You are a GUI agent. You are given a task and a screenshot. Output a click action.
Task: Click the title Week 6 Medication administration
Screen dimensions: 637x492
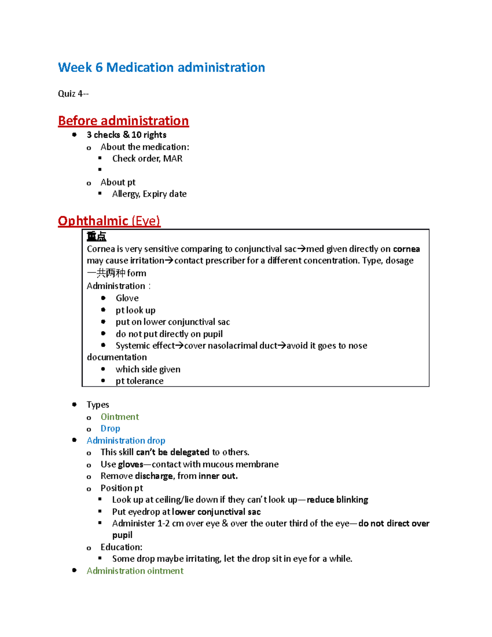pyautogui.click(x=161, y=67)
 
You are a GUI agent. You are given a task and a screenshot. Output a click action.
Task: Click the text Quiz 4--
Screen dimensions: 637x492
pyautogui.click(x=73, y=94)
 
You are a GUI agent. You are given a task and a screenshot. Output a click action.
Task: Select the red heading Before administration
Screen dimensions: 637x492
pyautogui.click(x=123, y=121)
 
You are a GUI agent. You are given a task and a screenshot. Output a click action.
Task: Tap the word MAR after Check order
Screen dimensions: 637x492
pyautogui.click(x=173, y=158)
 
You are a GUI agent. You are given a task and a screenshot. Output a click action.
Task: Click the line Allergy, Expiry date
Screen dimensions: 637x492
pyautogui.click(x=149, y=194)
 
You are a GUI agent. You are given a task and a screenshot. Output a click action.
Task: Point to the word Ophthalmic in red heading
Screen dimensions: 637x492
pyautogui.click(x=93, y=221)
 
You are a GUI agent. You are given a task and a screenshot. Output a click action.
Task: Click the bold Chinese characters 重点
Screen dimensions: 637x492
pyautogui.click(x=96, y=236)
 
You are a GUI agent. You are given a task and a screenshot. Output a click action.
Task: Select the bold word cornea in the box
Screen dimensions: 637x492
pyautogui.click(x=406, y=249)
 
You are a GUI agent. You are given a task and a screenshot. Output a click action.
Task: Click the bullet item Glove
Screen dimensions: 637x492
pyautogui.click(x=127, y=298)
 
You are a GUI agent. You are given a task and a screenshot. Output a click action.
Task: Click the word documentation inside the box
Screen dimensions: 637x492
pyautogui.click(x=116, y=357)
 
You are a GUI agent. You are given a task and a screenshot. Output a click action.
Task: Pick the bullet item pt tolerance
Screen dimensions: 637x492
pyautogui.click(x=139, y=381)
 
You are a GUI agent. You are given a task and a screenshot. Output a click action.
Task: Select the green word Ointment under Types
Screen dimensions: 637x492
pyautogui.click(x=120, y=417)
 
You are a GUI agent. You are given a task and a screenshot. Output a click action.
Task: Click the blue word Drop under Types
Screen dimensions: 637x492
pyautogui.click(x=110, y=428)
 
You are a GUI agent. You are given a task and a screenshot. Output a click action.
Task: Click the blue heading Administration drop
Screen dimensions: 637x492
pyautogui.click(x=126, y=440)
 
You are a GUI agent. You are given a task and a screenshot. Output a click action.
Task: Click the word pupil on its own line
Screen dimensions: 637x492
pyautogui.click(x=122, y=535)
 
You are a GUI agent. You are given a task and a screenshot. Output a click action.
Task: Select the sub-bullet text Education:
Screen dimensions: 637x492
pyautogui.click(x=121, y=547)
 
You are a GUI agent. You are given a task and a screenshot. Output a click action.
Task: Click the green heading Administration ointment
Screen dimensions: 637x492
pyautogui.click(x=135, y=571)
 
